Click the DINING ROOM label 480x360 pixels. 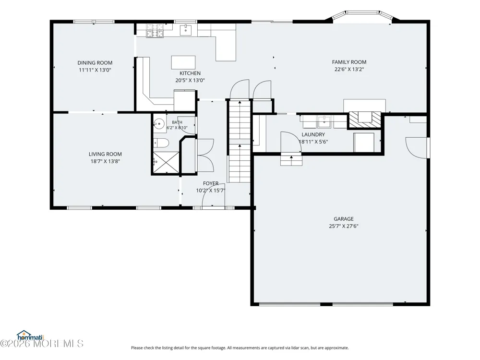(x=95, y=63)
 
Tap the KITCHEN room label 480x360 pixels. (x=190, y=73)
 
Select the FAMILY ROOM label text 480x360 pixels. (x=349, y=62)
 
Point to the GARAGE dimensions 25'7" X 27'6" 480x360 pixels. (x=344, y=226)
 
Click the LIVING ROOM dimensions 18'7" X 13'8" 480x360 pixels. (x=105, y=161)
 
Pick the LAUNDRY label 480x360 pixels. (x=313, y=134)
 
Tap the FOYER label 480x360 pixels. (x=211, y=183)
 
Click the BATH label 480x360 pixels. (x=177, y=122)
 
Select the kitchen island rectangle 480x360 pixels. (x=183, y=62)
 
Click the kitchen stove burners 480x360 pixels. (x=155, y=31)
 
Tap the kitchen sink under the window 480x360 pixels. (x=185, y=30)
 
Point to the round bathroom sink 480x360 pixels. (x=159, y=124)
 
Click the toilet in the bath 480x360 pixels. (x=161, y=143)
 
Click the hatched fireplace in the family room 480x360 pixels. (x=364, y=119)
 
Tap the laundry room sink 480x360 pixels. (x=324, y=122)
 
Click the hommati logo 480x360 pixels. (x=30, y=336)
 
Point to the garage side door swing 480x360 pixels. (x=416, y=148)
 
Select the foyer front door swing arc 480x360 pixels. (x=214, y=195)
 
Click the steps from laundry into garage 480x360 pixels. (x=291, y=160)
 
